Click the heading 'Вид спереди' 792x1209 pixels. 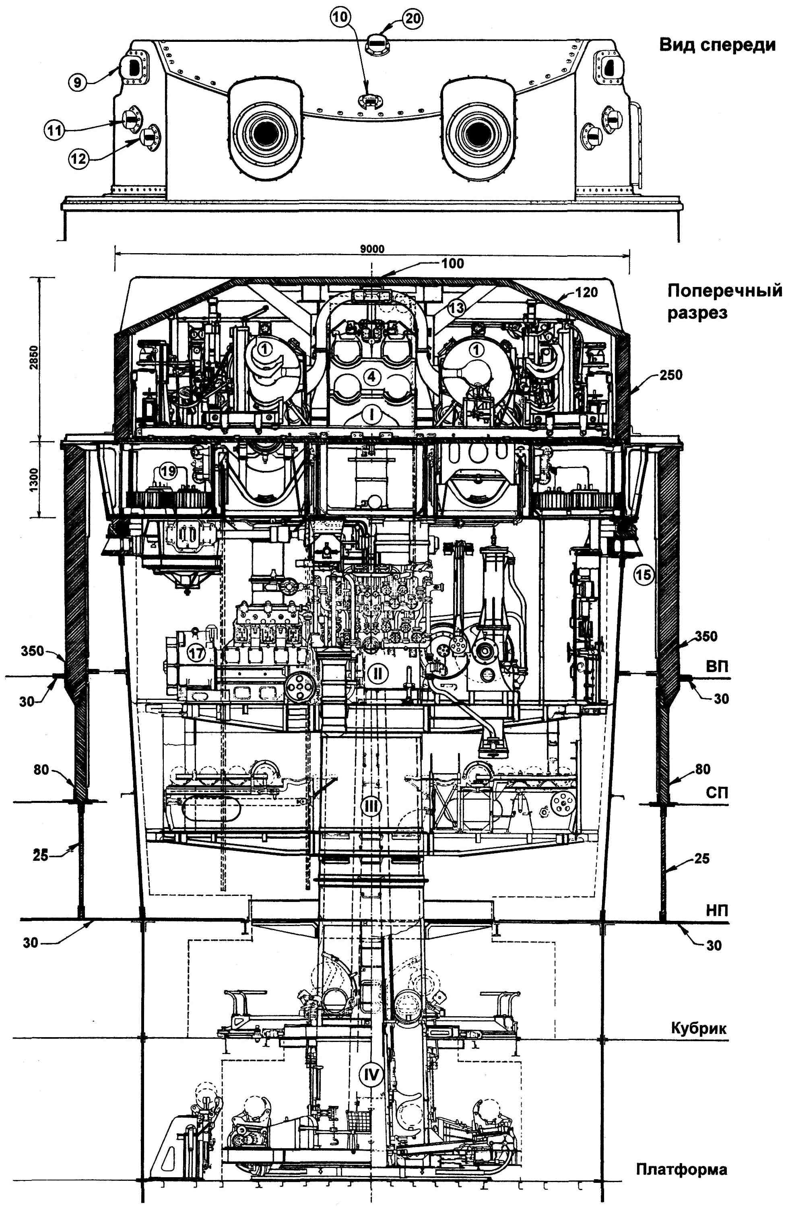click(717, 45)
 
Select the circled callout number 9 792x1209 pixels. click(77, 82)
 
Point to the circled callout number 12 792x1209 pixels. click(79, 159)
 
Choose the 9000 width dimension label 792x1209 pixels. click(372, 250)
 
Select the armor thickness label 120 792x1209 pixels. click(587, 293)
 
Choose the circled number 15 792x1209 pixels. click(643, 575)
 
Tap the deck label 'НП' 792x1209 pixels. click(717, 911)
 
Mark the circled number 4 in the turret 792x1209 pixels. click(372, 377)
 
